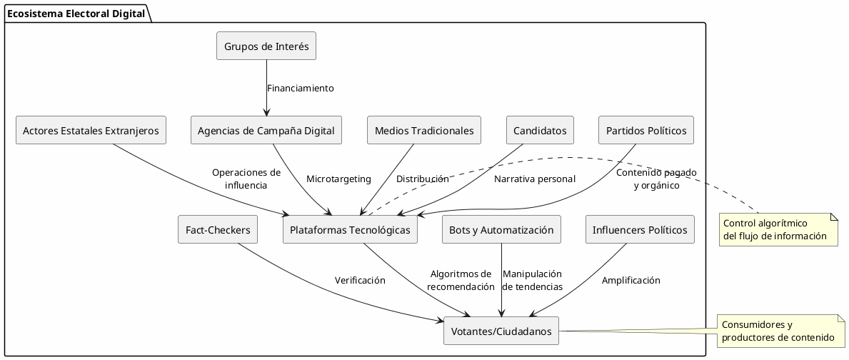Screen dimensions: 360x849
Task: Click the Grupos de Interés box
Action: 266,46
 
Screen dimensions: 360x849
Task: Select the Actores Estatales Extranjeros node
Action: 91,130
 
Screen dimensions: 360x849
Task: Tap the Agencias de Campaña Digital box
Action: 266,130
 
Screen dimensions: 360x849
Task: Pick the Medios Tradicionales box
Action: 424,130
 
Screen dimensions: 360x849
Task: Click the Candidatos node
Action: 541,130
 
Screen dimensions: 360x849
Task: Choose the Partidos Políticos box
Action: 646,130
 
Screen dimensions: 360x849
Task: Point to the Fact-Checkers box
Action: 218,229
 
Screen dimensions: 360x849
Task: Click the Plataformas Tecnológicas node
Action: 350,229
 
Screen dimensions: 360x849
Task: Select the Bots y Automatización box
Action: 501,229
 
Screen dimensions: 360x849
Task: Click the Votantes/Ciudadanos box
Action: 501,331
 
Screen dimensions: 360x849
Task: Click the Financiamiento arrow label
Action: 300,88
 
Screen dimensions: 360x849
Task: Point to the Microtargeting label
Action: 338,179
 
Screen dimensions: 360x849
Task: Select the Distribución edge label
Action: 422,179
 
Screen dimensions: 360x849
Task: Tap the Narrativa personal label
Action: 534,179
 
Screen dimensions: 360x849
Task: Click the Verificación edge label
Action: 360,280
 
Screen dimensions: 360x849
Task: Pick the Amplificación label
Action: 631,280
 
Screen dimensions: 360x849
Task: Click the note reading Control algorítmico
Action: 778,229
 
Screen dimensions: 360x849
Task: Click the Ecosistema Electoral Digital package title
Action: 75,12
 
